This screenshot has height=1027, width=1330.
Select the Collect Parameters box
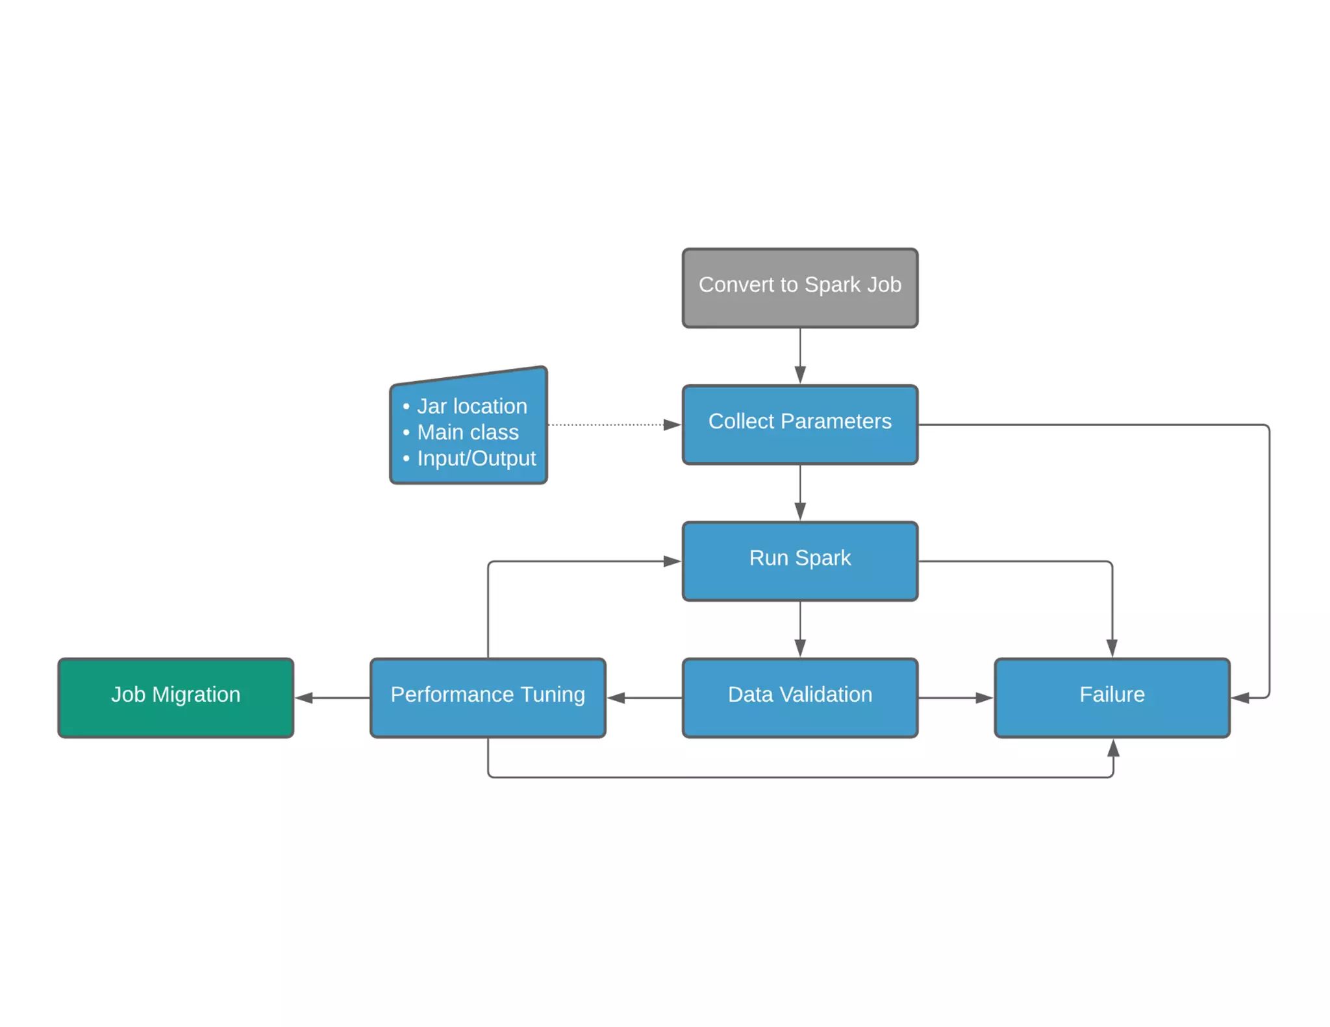pyautogui.click(x=799, y=425)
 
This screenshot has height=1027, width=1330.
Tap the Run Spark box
pyautogui.click(x=799, y=561)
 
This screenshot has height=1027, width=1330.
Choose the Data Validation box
pyautogui.click(x=799, y=697)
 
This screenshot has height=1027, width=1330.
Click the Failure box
pyautogui.click(x=1111, y=697)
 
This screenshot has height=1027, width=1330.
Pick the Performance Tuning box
pyautogui.click(x=488, y=697)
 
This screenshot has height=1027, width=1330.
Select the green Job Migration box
pyautogui.click(x=175, y=697)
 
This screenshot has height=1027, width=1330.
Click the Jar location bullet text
pyautogui.click(x=471, y=406)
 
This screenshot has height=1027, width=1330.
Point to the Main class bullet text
pyautogui.click(x=468, y=432)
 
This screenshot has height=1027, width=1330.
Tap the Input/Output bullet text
pyautogui.click(x=476, y=458)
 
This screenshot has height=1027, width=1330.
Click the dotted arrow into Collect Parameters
pyautogui.click(x=610, y=425)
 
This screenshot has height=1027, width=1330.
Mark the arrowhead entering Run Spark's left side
pyautogui.click(x=671, y=561)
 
